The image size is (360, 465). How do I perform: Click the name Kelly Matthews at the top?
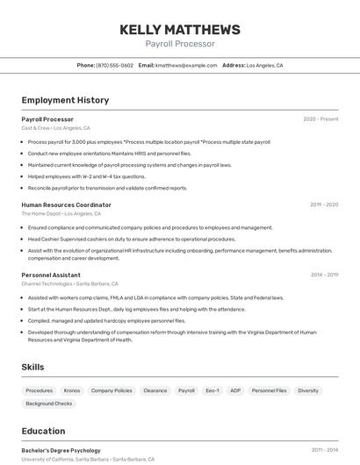point(179,30)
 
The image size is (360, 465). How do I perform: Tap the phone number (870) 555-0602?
point(115,66)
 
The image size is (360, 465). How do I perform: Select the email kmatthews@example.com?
point(186,66)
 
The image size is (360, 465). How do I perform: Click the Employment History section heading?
point(65,100)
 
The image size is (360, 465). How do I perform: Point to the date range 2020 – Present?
point(320,119)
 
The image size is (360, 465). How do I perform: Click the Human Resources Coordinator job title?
point(66,204)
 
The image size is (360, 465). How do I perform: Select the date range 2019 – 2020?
point(324,204)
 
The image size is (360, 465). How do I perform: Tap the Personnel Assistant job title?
point(51,275)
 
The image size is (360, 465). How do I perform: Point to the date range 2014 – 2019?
point(324,275)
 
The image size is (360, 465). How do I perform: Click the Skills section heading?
point(32,367)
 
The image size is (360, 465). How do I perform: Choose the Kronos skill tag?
point(72,390)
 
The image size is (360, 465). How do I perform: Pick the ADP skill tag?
point(235,390)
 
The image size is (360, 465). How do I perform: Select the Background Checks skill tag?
point(49,404)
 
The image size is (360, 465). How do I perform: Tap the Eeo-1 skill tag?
point(212,390)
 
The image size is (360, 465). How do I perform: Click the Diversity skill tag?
point(308,390)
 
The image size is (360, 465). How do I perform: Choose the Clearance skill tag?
point(155,390)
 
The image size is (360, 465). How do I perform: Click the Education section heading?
point(43,431)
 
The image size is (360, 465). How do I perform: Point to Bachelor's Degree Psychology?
point(61,450)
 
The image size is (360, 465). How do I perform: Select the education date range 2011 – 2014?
point(324,450)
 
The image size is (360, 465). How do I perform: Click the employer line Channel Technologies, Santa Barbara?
point(69,283)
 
